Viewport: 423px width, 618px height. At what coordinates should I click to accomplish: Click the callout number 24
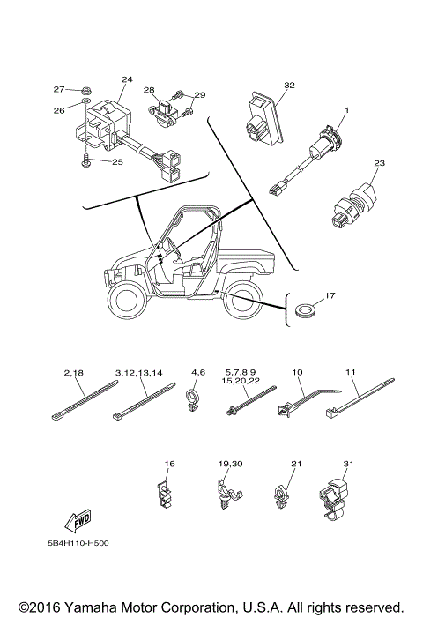point(126,80)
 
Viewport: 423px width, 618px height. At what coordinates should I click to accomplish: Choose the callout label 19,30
point(229,462)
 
